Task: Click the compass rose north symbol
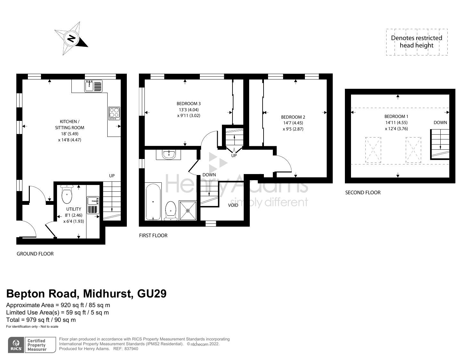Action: pyautogui.click(x=71, y=38)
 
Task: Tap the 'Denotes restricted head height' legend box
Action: pyautogui.click(x=416, y=42)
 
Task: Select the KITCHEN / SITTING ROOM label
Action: pyautogui.click(x=68, y=124)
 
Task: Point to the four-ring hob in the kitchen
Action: pyautogui.click(x=114, y=113)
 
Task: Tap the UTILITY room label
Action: pyautogui.click(x=74, y=209)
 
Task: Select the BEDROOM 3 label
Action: pyautogui.click(x=189, y=104)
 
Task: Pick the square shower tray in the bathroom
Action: pyautogui.click(x=188, y=210)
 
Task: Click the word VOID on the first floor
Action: pyautogui.click(x=233, y=205)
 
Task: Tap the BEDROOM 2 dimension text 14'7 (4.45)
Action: pyautogui.click(x=293, y=123)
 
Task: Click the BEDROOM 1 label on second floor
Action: pyautogui.click(x=396, y=116)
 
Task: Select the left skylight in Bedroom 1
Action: pyautogui.click(x=373, y=150)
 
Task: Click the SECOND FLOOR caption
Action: pyautogui.click(x=363, y=193)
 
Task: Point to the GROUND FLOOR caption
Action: pyautogui.click(x=35, y=254)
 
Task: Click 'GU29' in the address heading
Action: pyautogui.click(x=152, y=294)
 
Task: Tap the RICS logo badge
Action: pyautogui.click(x=16, y=345)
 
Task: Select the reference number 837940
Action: pyautogui.click(x=131, y=349)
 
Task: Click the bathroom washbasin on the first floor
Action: pyautogui.click(x=168, y=155)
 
